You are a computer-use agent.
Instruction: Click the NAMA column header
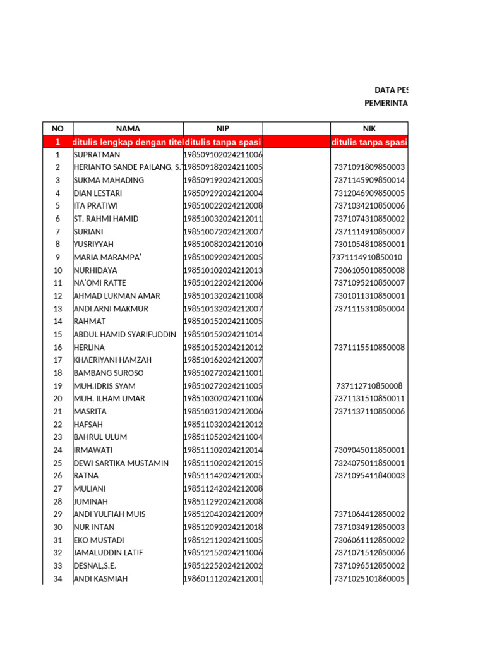pos(128,128)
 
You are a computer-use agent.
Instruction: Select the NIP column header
pos(222,128)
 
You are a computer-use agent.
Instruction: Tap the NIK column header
pos(369,128)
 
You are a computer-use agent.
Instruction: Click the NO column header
pos(57,128)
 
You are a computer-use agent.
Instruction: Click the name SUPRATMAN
pos(97,154)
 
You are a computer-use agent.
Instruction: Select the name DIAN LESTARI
pos(97,193)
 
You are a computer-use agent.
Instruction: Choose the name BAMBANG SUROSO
pos(109,373)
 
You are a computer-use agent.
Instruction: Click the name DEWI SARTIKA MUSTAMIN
pos(121,463)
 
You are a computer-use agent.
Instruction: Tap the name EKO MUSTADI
pos(99,540)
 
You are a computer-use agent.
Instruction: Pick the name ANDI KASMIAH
pos(101,579)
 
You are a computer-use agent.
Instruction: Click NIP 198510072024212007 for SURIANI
pos(223,232)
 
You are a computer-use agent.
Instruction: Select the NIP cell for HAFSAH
pos(223,425)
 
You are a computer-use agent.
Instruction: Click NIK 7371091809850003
pos(369,167)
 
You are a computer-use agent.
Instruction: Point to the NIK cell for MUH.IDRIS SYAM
pos(369,386)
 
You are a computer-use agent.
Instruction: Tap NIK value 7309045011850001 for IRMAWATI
pos(369,450)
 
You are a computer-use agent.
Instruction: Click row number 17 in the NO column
pos(57,360)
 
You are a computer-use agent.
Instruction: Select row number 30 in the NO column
pos(57,528)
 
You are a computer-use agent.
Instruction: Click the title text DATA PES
pos(392,90)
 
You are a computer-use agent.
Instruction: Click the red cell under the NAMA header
pos(128,142)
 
